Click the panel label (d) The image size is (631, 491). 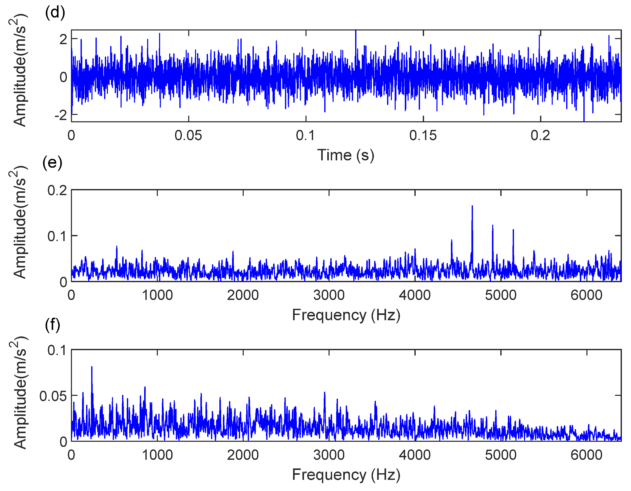pos(55,13)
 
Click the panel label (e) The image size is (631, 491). pos(52,163)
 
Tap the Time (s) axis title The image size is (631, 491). pos(346,155)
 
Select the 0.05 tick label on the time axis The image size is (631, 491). pos(188,136)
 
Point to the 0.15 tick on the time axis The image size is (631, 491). pos(423,136)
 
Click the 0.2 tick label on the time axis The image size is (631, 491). pos(540,136)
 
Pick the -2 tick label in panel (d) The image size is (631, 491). pos(61,115)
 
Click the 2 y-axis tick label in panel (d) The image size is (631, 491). pos(63,39)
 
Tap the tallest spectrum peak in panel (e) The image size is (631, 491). pos(472,206)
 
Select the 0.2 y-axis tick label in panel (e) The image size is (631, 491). pos(57,191)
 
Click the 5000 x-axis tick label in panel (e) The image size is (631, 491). pos(501,295)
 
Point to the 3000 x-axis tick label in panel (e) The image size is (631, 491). pos(329,295)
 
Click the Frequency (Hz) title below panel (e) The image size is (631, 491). pos(346,315)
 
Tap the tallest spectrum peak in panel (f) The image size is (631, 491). pos(92,367)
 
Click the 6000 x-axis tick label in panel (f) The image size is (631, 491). pos(586,455)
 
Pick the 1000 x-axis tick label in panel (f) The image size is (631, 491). pos(157,455)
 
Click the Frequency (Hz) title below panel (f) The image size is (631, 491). pos(346,475)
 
